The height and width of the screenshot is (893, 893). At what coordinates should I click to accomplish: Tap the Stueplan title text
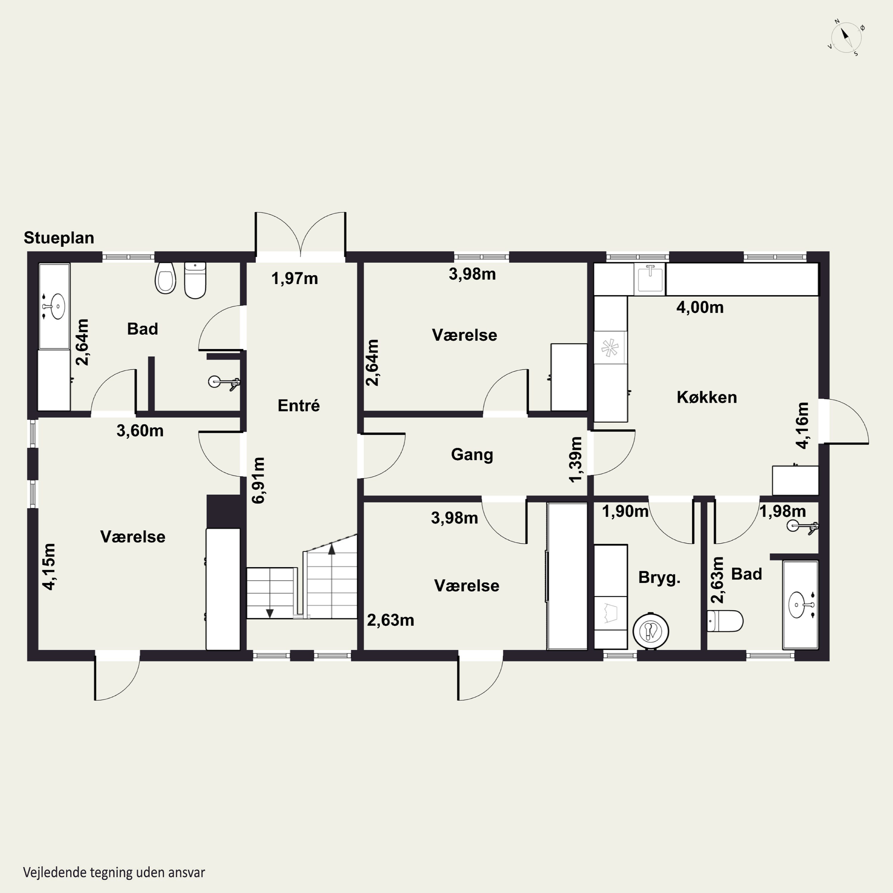click(x=59, y=238)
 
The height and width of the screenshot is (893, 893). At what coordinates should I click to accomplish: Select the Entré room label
click(x=299, y=405)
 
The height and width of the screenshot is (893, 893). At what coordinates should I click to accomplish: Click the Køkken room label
click(x=707, y=397)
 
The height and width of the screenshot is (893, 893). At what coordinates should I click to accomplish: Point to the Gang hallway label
click(x=472, y=454)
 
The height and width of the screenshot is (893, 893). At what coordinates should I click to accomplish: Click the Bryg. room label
click(x=659, y=578)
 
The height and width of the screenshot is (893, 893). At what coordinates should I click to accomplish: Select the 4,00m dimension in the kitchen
click(x=700, y=307)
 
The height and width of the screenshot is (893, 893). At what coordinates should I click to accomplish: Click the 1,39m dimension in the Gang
click(x=575, y=459)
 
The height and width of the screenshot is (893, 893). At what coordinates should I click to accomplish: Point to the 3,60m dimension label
click(x=140, y=431)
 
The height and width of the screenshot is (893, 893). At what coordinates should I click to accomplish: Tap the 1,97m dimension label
click(x=294, y=279)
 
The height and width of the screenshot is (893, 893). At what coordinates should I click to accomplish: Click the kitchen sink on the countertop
click(x=650, y=278)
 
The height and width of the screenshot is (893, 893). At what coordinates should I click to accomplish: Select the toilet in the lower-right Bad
click(x=725, y=621)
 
